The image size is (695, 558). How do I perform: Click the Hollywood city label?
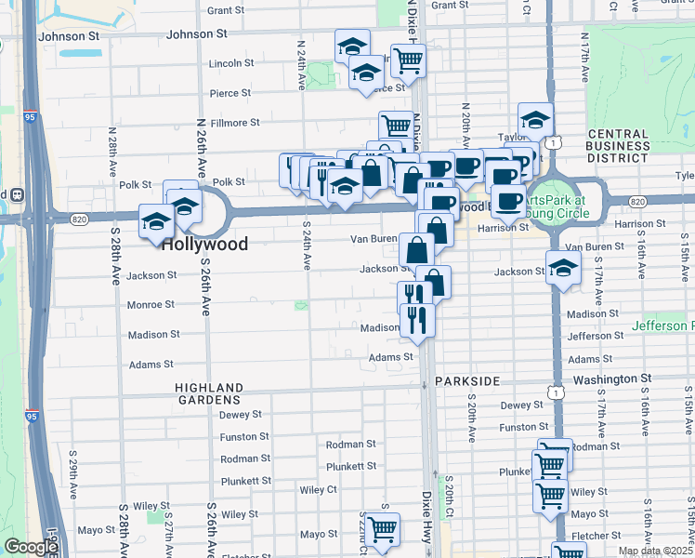pyautogui.click(x=204, y=245)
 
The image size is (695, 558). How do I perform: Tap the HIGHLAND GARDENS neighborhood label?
pyautogui.click(x=212, y=392)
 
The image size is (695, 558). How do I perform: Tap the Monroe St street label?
pyautogui.click(x=151, y=304)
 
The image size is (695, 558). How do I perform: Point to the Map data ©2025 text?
pyautogui.click(x=654, y=551)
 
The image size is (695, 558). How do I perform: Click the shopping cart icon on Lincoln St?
pyautogui.click(x=408, y=60)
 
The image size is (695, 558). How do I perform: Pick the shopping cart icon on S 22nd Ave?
pyautogui.click(x=382, y=530)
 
